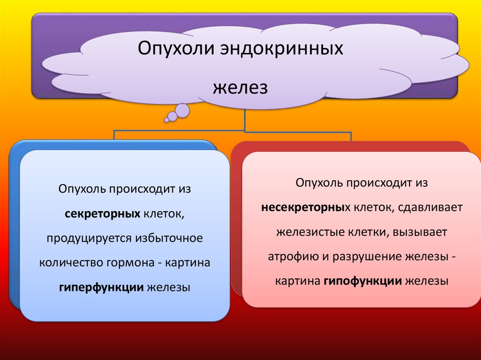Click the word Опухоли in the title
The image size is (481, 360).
click(x=175, y=48)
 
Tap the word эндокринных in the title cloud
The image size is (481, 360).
click(x=282, y=48)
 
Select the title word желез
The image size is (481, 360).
click(x=240, y=87)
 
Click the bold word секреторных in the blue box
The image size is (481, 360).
click(x=102, y=214)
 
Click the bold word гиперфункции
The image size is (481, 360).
click(x=101, y=287)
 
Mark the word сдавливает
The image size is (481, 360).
click(x=430, y=207)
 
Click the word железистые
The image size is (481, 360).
click(x=310, y=232)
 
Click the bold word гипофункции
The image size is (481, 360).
click(x=363, y=281)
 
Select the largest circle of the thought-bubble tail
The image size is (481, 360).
click(x=182, y=110)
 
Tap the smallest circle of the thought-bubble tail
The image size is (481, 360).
click(x=167, y=120)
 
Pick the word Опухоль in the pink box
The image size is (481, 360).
click(x=319, y=183)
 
